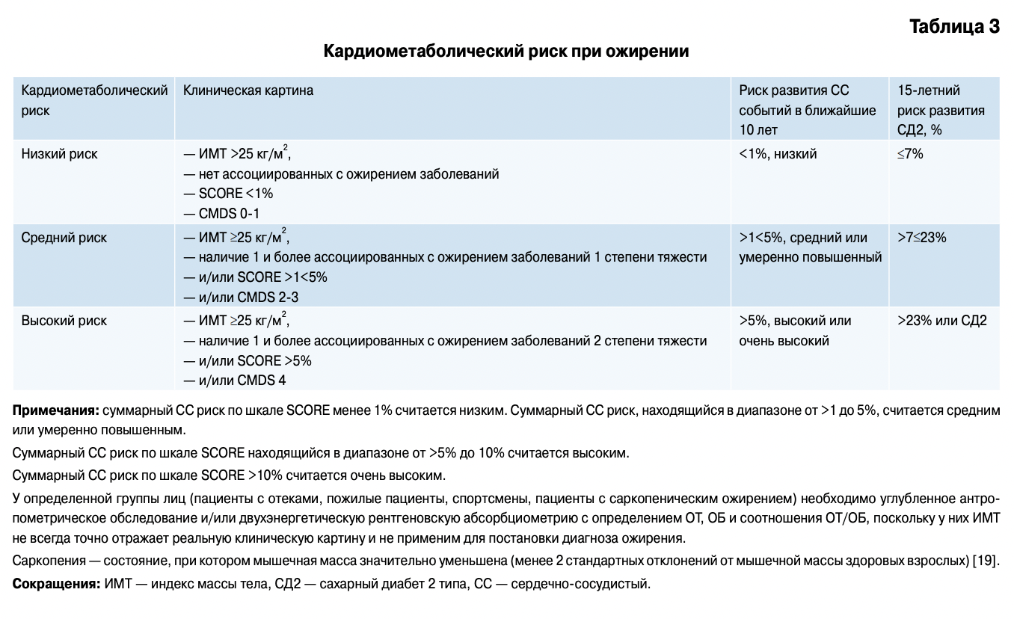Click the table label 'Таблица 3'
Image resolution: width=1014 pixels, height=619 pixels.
pos(954,27)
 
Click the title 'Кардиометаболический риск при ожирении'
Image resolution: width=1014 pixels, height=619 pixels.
pos(506,52)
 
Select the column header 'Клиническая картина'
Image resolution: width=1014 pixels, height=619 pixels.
pos(248,90)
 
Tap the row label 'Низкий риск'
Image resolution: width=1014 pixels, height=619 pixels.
pos(59,154)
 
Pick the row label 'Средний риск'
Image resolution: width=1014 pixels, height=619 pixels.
pos(64,238)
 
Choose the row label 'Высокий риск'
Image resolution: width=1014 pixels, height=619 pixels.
pos(64,321)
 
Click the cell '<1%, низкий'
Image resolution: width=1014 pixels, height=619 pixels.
pos(778,154)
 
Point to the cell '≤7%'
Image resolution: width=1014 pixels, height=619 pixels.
pos(911,154)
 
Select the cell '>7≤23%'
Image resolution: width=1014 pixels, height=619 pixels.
pos(922,238)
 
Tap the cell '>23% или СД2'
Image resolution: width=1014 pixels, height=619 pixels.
pos(942,321)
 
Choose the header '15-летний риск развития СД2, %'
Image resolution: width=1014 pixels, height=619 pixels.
pos(941,110)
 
